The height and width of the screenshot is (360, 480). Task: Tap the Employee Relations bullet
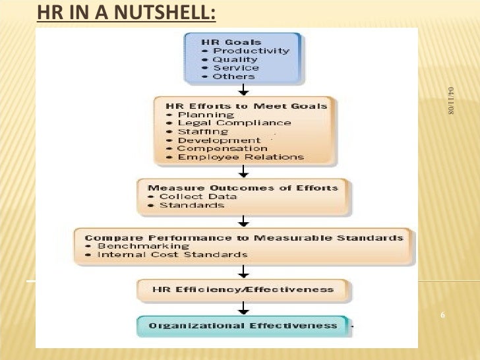point(235,157)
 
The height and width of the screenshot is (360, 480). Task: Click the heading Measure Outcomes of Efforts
point(243,187)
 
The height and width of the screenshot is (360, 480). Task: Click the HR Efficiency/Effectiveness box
point(243,289)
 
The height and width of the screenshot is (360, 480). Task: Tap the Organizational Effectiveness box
point(243,325)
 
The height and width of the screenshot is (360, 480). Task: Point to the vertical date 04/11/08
point(452,101)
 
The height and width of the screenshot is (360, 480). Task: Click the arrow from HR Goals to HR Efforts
point(244,90)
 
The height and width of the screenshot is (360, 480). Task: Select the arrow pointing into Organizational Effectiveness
point(244,307)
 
